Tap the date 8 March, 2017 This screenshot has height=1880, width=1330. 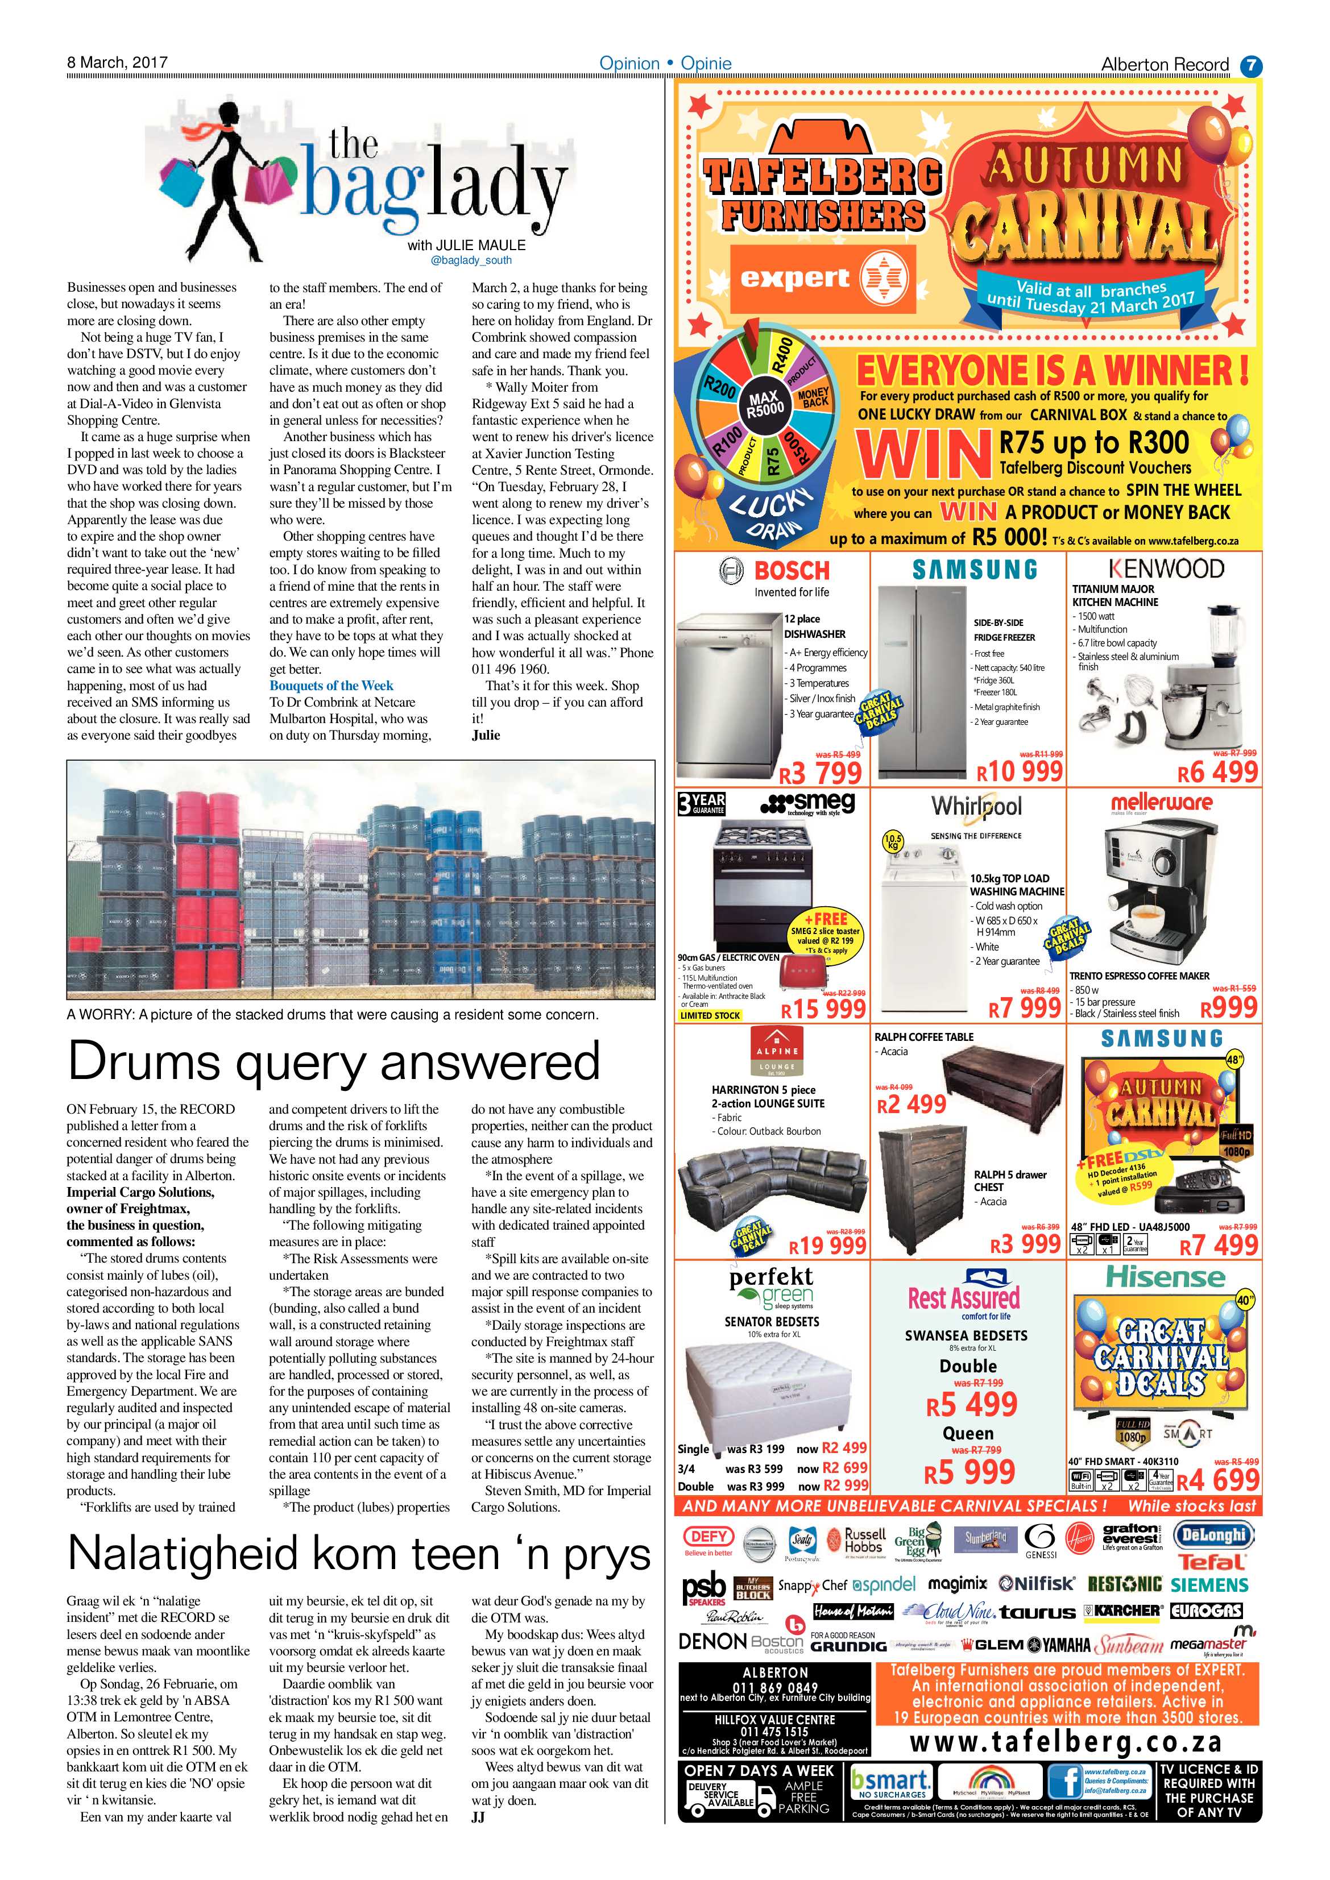117,62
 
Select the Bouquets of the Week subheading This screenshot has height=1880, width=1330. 331,686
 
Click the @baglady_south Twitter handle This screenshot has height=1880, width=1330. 471,260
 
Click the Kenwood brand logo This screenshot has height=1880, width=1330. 1166,568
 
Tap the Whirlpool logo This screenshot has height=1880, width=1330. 976,807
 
